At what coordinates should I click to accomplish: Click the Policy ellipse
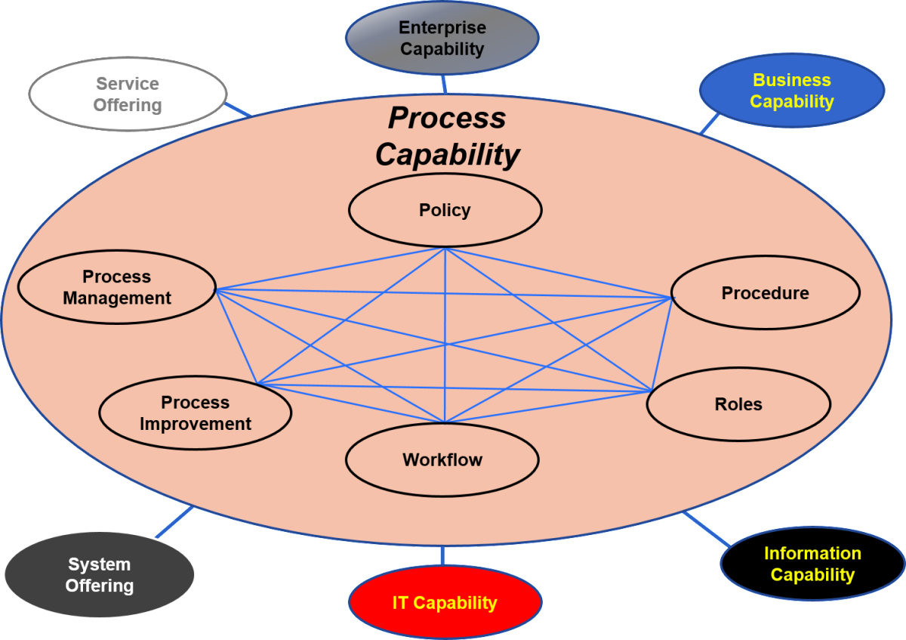click(x=445, y=210)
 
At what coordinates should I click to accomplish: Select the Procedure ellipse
click(x=765, y=293)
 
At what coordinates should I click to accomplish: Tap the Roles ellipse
click(x=738, y=404)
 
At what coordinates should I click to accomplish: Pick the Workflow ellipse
click(x=442, y=459)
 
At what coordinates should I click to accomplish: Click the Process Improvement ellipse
click(x=195, y=413)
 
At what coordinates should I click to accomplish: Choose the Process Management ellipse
click(x=116, y=288)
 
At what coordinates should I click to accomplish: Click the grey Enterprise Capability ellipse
click(x=442, y=38)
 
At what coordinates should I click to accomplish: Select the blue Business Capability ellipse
click(x=791, y=91)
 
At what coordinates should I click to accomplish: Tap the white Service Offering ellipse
click(x=128, y=94)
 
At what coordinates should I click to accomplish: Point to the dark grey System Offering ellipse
click(x=99, y=575)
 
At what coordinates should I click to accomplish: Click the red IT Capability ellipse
click(x=445, y=603)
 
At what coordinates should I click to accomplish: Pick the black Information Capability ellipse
click(x=812, y=564)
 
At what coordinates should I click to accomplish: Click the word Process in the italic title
click(x=447, y=118)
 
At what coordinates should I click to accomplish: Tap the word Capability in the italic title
click(x=447, y=155)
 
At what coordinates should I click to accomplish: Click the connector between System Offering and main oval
click(x=174, y=522)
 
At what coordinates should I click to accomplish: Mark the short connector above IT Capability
click(x=442, y=555)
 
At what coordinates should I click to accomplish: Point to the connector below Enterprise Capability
click(x=444, y=84)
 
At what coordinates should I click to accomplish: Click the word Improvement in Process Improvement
click(x=195, y=424)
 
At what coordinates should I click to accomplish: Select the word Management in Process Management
click(x=116, y=298)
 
